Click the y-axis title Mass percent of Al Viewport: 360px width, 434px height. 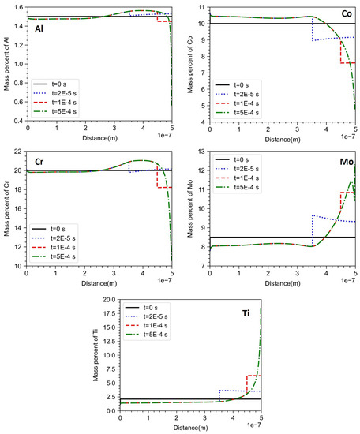[7, 63]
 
